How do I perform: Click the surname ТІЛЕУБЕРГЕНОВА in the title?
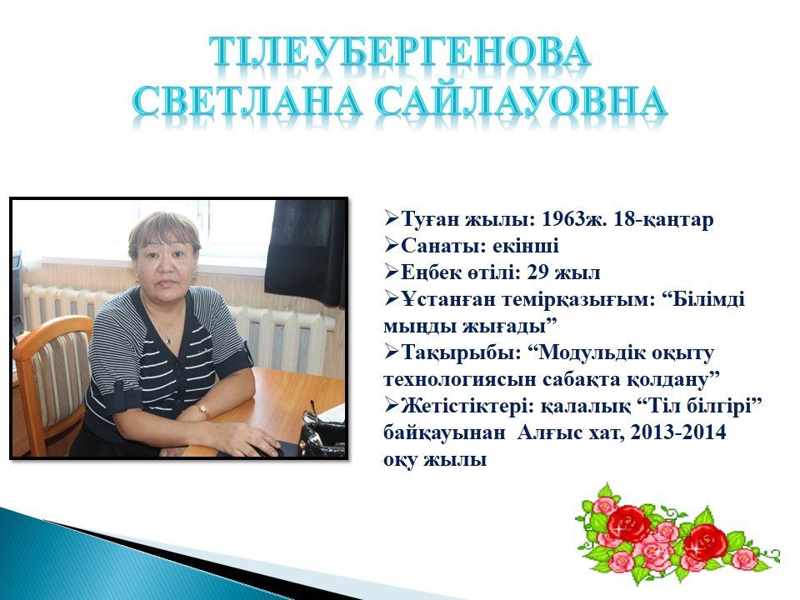pyautogui.click(x=401, y=52)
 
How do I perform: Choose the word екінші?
pyautogui.click(x=526, y=246)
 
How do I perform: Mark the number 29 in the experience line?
pyautogui.click(x=537, y=273)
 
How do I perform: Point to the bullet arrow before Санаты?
pyautogui.click(x=392, y=246)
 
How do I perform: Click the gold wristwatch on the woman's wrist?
pyautogui.click(x=202, y=410)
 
